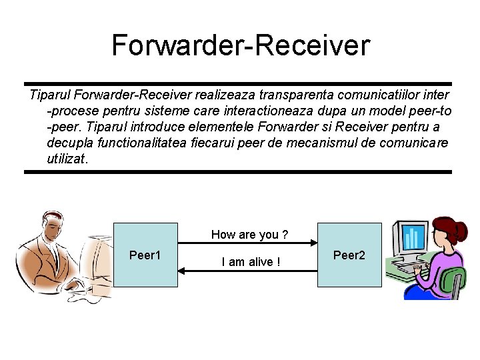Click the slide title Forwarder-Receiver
(240, 45)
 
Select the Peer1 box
(145, 255)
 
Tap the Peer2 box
(349, 255)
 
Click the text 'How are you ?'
(249, 234)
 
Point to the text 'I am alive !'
(251, 262)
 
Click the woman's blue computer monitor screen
(413, 237)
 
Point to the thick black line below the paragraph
(238, 172)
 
